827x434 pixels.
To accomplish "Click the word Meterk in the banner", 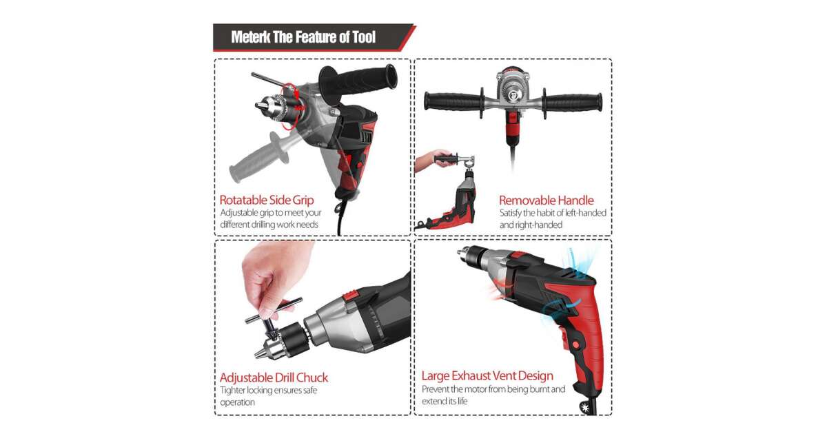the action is (x=251, y=37).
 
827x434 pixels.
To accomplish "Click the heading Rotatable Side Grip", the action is (x=267, y=200).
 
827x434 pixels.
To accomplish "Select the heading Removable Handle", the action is (x=547, y=200).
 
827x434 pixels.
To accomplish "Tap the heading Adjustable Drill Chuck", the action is (x=274, y=378).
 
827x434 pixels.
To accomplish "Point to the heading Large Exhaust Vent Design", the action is (x=487, y=375).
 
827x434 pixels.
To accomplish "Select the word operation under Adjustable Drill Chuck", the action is (x=237, y=402).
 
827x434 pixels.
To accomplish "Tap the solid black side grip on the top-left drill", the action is (x=358, y=80).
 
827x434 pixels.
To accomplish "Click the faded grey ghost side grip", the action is (x=259, y=157).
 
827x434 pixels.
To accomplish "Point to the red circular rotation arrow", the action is (x=291, y=106).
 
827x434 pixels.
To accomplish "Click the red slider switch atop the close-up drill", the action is (x=351, y=295).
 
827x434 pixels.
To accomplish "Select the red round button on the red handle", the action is (x=575, y=345).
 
